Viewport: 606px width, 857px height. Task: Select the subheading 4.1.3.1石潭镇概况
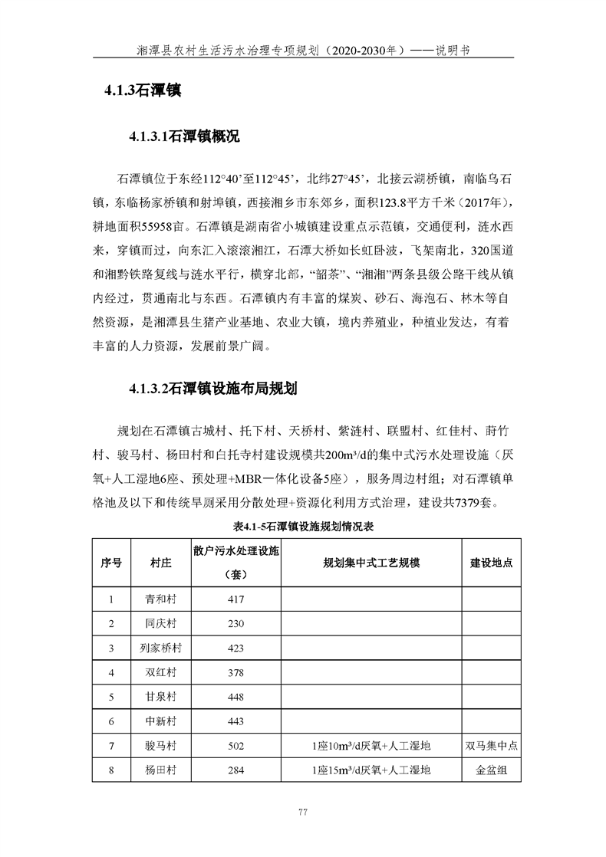(184, 137)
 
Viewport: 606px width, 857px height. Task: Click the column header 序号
(111, 562)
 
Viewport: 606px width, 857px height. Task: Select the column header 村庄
(161, 562)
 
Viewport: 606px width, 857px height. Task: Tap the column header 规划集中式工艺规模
(371, 562)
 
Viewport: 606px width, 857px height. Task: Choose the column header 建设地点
(491, 562)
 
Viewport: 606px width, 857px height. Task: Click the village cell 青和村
(161, 599)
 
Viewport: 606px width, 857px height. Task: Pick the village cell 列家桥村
(161, 648)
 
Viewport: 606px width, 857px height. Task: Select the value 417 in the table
(235, 599)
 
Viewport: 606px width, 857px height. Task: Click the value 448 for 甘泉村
(235, 697)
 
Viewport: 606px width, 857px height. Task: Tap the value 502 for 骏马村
(235, 746)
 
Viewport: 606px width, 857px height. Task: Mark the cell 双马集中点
(491, 746)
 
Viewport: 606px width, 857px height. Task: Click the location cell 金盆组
(491, 770)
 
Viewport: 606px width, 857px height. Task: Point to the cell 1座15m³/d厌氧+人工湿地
(371, 770)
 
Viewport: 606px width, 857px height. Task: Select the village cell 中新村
(161, 721)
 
